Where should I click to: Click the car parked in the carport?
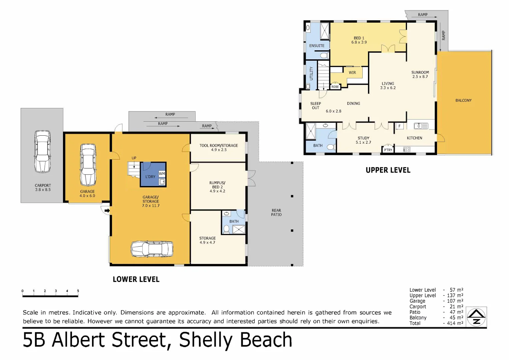pos(42,152)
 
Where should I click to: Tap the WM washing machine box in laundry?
pos(162,174)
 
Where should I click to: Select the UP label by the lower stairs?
pos(134,158)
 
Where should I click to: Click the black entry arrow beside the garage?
pos(107,211)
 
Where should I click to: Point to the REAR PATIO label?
pos(276,213)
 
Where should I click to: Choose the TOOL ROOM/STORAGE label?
pos(219,145)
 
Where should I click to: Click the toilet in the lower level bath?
pos(226,229)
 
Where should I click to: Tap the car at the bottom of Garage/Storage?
pos(152,249)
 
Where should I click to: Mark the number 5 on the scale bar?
pos(78,291)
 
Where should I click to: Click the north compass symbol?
pos(476,317)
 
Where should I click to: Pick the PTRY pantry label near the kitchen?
pos(388,150)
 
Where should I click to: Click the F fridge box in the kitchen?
pos(399,126)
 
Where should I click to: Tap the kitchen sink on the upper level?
pos(421,126)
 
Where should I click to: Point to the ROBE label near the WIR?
pos(335,87)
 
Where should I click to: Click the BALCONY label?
pos(464,100)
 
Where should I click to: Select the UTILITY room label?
pos(311,73)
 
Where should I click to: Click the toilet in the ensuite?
pos(325,55)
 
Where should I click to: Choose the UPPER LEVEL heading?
pos(388,170)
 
